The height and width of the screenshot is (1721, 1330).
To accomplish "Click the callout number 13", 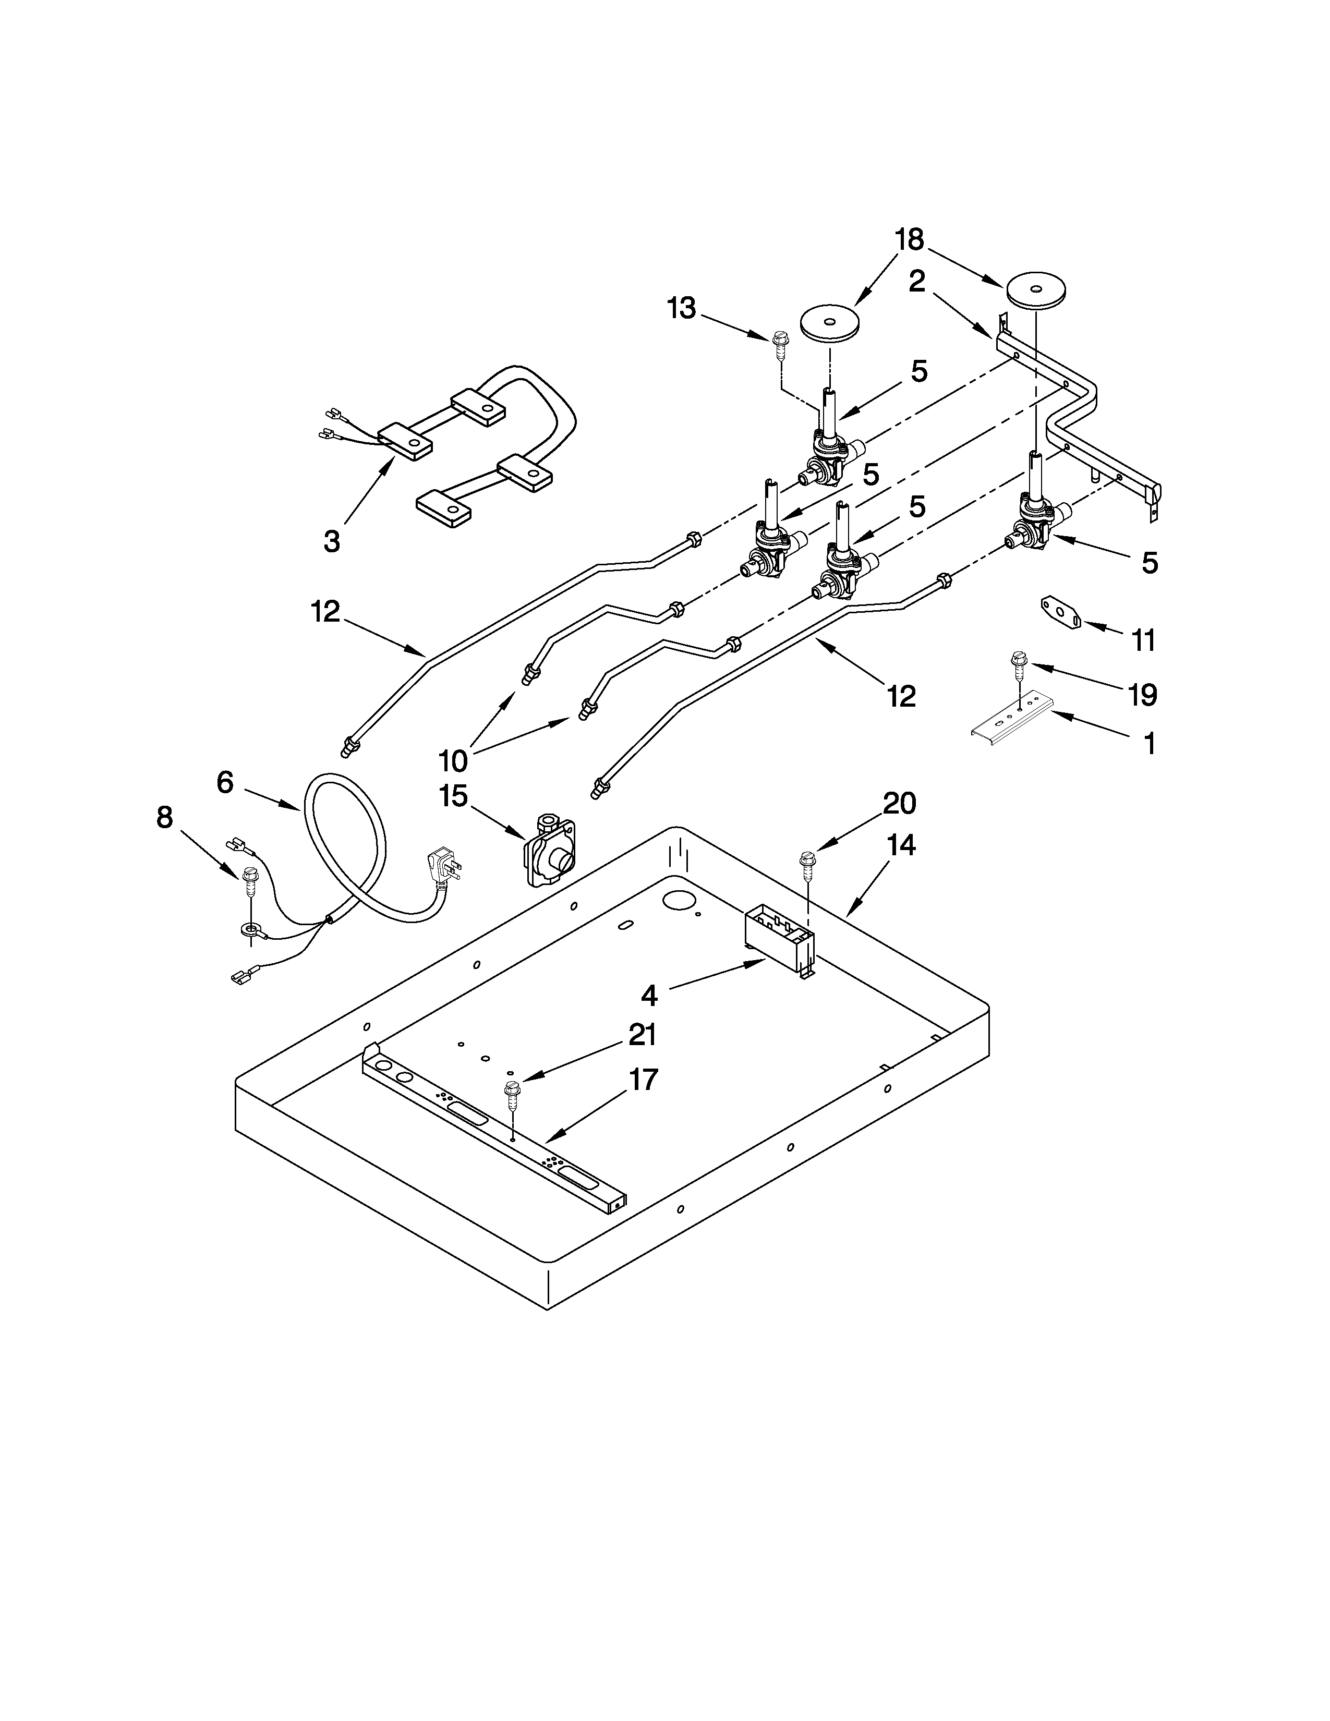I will tap(682, 309).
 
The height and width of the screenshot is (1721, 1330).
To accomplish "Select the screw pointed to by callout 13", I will tap(779, 344).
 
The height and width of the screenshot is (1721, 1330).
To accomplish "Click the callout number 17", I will tap(643, 1080).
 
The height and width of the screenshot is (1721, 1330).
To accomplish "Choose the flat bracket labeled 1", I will tap(1012, 719).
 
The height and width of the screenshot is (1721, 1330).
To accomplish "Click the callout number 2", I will tap(916, 281).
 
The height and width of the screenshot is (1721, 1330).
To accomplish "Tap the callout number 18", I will tap(909, 239).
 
